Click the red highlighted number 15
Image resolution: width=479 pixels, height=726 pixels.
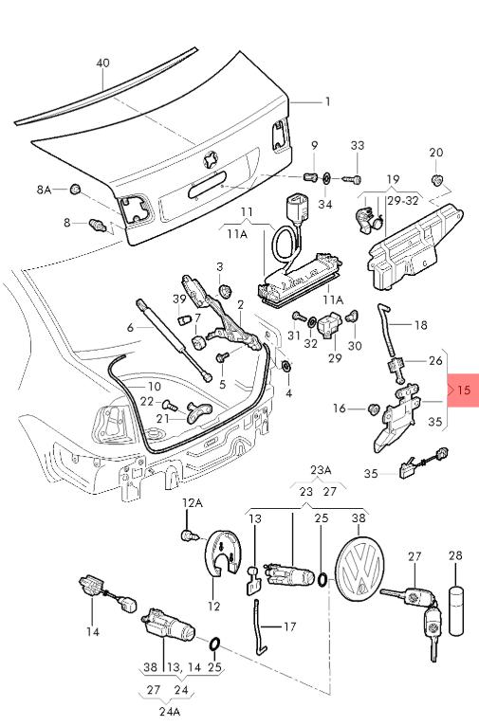(463, 390)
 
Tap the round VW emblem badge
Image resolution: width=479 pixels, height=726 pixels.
(359, 569)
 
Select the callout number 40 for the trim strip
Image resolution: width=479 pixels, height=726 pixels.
(102, 63)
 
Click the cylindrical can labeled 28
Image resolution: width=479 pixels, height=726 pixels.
(456, 610)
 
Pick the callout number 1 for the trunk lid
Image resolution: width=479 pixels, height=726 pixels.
(328, 101)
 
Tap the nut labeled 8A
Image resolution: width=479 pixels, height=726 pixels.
(75, 189)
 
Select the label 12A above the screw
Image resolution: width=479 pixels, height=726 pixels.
(193, 503)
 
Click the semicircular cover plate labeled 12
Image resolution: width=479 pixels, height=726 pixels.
(222, 554)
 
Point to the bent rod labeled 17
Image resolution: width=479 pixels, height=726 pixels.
(260, 627)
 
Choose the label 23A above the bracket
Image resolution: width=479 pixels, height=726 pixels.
(321, 470)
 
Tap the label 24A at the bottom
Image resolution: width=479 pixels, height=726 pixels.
(169, 711)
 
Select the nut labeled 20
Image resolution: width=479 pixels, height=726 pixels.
(436, 179)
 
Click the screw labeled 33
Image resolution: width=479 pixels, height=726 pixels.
(352, 179)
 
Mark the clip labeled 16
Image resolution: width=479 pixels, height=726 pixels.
(373, 408)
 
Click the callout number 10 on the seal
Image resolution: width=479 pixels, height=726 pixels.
(155, 387)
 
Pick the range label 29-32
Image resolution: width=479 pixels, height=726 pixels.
(403, 201)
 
